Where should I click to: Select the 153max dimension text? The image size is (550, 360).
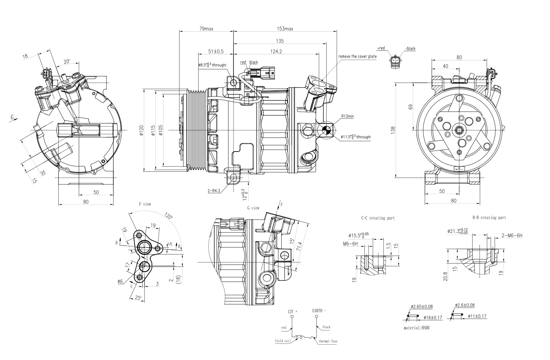pyautogui.click(x=285, y=29)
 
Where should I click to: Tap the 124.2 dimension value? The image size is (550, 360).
pyautogui.click(x=276, y=51)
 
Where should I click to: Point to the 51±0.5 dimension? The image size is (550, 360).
pyautogui.click(x=216, y=51)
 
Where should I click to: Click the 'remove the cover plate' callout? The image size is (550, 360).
pyautogui.click(x=357, y=57)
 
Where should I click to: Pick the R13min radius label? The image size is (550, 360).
pyautogui.click(x=347, y=116)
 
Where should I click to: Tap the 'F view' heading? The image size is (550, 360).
pyautogui.click(x=145, y=204)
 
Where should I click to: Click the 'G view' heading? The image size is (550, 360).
pyautogui.click(x=253, y=208)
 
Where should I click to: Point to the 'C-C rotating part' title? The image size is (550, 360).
pyautogui.click(x=378, y=218)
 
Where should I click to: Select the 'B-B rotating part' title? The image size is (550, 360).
pyautogui.click(x=489, y=217)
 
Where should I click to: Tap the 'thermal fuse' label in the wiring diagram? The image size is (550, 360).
pyautogui.click(x=328, y=341)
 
